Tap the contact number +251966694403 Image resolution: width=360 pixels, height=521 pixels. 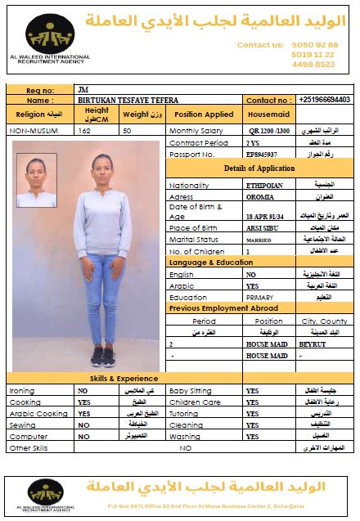click(x=325, y=99)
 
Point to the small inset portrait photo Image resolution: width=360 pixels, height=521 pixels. click(x=37, y=181)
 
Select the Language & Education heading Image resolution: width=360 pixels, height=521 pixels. click(x=210, y=263)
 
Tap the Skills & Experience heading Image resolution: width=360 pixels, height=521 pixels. click(x=124, y=379)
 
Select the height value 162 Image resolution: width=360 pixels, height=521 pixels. click(x=96, y=131)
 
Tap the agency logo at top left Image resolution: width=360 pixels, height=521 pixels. click(x=51, y=38)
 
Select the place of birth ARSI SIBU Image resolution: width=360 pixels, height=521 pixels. click(x=263, y=227)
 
